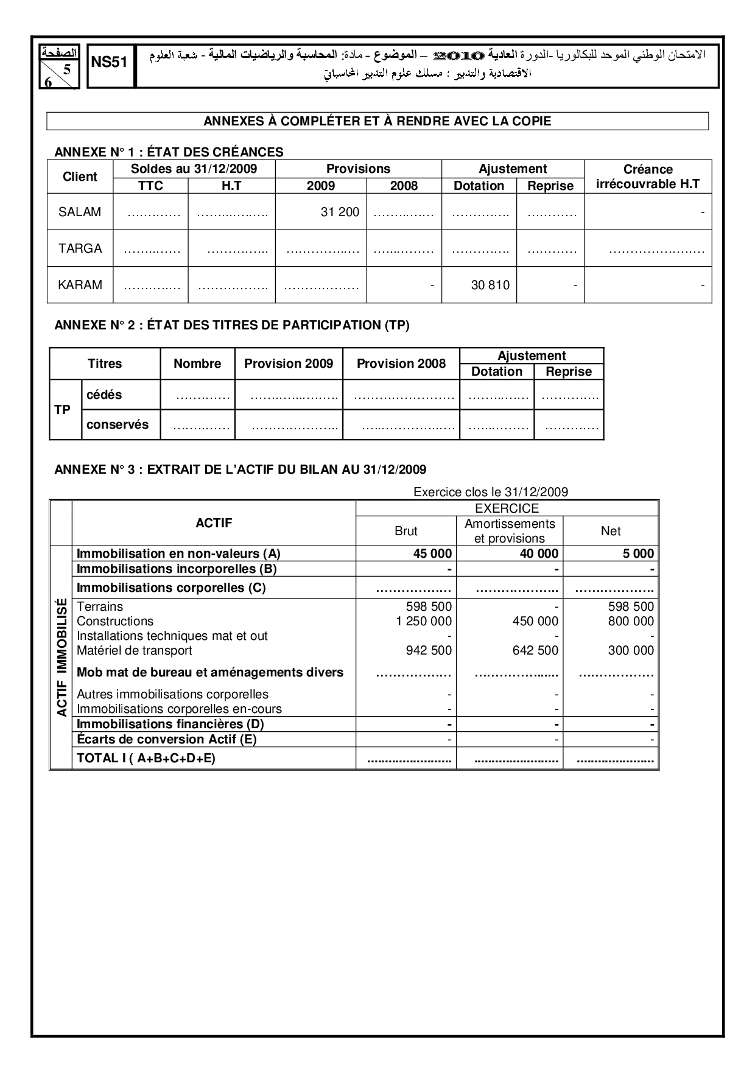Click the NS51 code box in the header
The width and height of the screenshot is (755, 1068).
click(x=111, y=63)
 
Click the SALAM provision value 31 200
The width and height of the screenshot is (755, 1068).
click(x=340, y=212)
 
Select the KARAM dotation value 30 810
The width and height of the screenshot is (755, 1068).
click(x=490, y=285)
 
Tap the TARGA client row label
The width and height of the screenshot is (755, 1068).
click(x=80, y=248)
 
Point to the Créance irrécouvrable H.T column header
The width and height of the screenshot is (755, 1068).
click(x=648, y=177)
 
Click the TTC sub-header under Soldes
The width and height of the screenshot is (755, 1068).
click(x=150, y=186)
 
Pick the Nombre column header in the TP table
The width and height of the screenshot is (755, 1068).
click(x=197, y=364)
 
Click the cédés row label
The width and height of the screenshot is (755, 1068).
click(x=104, y=395)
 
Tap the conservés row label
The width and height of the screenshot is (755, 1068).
click(x=118, y=424)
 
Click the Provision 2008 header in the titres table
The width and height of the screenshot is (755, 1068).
click(x=401, y=364)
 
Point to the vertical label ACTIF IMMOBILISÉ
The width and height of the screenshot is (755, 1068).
click(x=61, y=657)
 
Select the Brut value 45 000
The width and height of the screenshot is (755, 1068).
click(x=432, y=553)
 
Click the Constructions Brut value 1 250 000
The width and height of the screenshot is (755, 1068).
click(x=424, y=621)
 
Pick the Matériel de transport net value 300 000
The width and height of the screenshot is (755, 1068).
click(x=631, y=650)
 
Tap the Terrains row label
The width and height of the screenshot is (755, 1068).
click(x=100, y=606)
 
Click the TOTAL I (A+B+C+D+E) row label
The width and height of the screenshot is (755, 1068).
click(x=146, y=758)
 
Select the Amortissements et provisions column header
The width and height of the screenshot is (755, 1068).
click(x=510, y=531)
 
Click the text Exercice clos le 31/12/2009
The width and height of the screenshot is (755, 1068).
click(x=491, y=492)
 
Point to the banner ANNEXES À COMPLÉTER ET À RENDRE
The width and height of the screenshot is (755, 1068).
click(x=377, y=121)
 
